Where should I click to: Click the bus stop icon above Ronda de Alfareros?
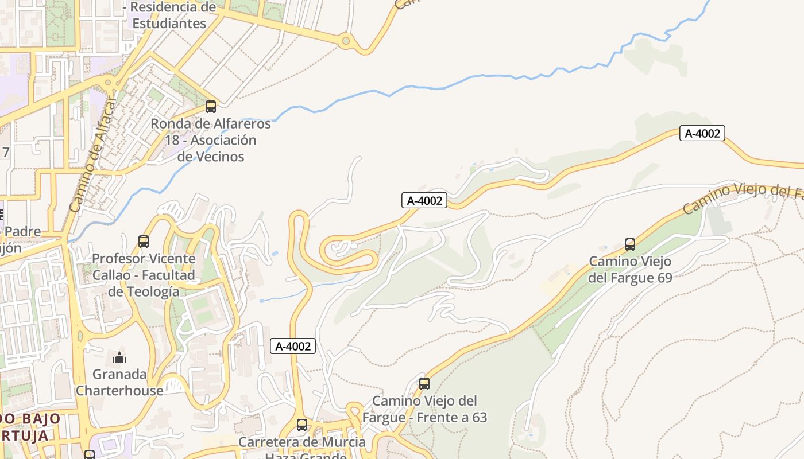pos(211,107)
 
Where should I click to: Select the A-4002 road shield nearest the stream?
pos(702,134)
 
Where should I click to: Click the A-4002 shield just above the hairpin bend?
pos(424,200)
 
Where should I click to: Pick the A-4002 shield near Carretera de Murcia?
pos(293,346)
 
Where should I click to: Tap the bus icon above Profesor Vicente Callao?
pos(144,242)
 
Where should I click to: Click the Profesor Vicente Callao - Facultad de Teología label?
pos(144,275)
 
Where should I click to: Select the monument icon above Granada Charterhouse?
pos(119,358)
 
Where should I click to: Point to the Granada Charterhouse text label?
pos(119,382)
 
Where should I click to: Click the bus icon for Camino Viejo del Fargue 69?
pos(630,244)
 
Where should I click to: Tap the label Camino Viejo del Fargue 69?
pos(630,270)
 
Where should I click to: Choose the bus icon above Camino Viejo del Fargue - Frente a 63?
pos(424,384)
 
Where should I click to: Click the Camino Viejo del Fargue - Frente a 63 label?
pos(424,409)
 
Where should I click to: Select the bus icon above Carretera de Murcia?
pos(302,425)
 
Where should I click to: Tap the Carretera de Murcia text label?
pos(302,442)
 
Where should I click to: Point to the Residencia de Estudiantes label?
pos(169,15)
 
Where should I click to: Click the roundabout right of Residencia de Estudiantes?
pos(346,41)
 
